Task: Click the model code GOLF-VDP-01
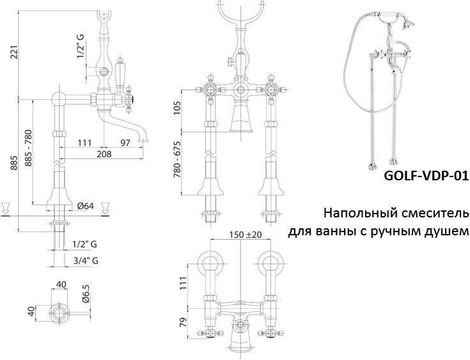tap(426, 176)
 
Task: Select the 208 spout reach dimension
tap(104, 153)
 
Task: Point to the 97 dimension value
tap(125, 143)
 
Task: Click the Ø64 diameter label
tap(86, 206)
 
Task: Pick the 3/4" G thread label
tap(86, 260)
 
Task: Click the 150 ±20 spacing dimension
tap(246, 235)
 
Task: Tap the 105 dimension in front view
tap(178, 108)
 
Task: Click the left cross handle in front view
tap(211, 89)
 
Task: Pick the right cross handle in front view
tap(271, 89)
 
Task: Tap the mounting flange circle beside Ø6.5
tap(59, 313)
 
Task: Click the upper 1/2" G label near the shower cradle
tap(81, 45)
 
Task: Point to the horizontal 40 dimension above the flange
tap(61, 284)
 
